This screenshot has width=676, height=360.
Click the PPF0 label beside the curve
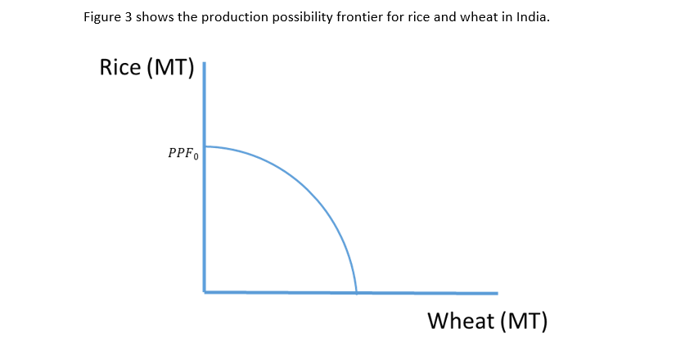[183, 154]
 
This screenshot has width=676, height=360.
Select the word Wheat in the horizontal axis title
[461, 321]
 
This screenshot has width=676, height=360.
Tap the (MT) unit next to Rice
[171, 68]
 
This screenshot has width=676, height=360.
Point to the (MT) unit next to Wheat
[524, 322]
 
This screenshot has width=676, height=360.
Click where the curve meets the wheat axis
[357, 293]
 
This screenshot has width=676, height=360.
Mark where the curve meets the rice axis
[205, 146]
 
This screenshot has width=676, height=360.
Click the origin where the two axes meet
[205, 292]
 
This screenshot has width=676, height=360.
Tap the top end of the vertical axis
[205, 62]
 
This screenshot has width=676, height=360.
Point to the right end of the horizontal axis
[498, 293]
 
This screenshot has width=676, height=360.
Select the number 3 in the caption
[128, 17]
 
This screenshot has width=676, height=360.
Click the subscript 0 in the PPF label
[196, 157]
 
